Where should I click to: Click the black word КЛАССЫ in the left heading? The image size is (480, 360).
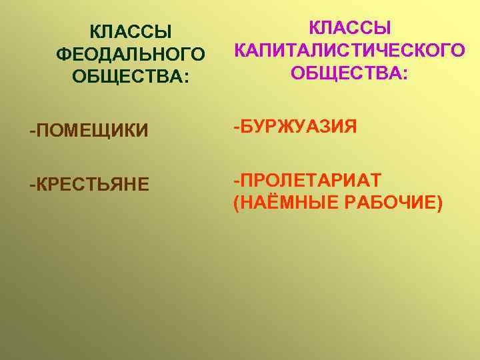pyautogui.click(x=131, y=32)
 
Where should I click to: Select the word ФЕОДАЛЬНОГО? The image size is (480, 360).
pyautogui.click(x=131, y=53)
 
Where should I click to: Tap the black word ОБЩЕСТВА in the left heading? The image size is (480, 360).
pyautogui.click(x=126, y=75)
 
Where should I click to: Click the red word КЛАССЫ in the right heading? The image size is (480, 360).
pyautogui.click(x=349, y=29)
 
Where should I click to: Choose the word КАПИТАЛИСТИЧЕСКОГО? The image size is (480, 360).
pyautogui.click(x=349, y=50)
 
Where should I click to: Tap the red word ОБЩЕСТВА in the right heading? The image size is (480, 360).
pyautogui.click(x=345, y=71)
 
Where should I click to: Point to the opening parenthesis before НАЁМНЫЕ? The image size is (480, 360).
pyautogui.click(x=237, y=202)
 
